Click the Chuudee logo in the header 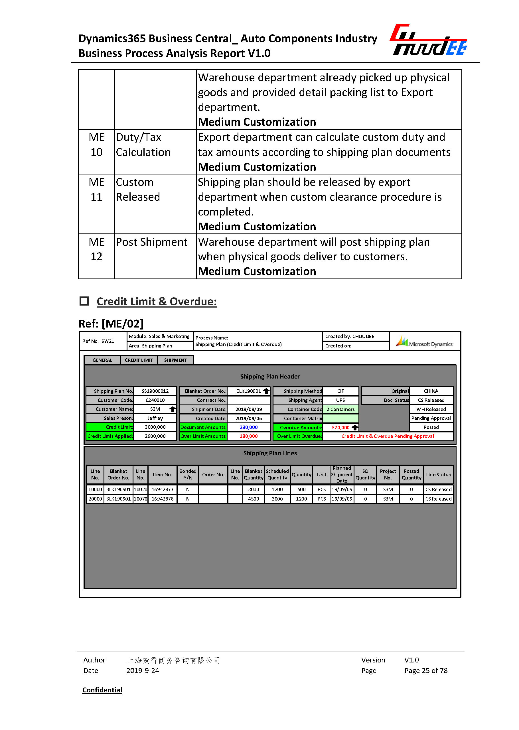(428, 40)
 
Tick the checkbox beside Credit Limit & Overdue (84, 301)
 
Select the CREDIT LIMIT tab (139, 360)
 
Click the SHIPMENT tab (175, 360)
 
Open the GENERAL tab (102, 360)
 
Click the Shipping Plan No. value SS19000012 (155, 391)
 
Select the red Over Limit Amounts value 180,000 (249, 436)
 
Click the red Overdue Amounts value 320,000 (340, 428)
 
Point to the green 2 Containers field (340, 409)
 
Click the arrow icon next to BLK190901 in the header (266, 391)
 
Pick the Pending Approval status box (431, 418)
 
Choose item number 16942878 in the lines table (162, 499)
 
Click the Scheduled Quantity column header (277, 474)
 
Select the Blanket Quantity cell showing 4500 (254, 499)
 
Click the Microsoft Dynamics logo (424, 342)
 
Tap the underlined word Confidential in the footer (102, 690)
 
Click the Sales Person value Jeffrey (155, 418)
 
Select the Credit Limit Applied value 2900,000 (155, 436)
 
